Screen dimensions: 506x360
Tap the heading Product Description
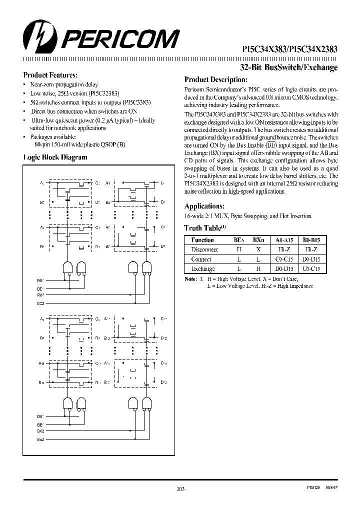point(215,79)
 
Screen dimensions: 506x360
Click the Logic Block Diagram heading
point(55,157)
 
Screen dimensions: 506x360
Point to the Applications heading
point(204,206)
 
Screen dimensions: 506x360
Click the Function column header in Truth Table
point(202,240)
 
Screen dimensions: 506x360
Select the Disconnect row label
point(204,249)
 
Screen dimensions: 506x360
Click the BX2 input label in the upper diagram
point(41,295)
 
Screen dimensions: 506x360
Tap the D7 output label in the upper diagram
point(163,247)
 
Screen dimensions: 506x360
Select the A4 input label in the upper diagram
point(108,183)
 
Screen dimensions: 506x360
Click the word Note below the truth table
point(190,278)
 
